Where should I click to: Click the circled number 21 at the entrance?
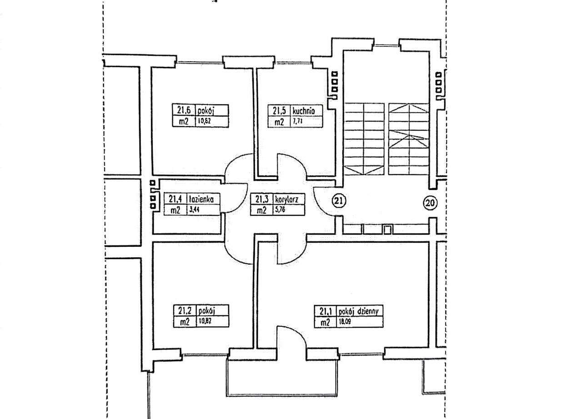(339, 200)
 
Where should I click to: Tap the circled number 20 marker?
(430, 203)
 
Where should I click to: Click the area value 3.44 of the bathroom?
(194, 210)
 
